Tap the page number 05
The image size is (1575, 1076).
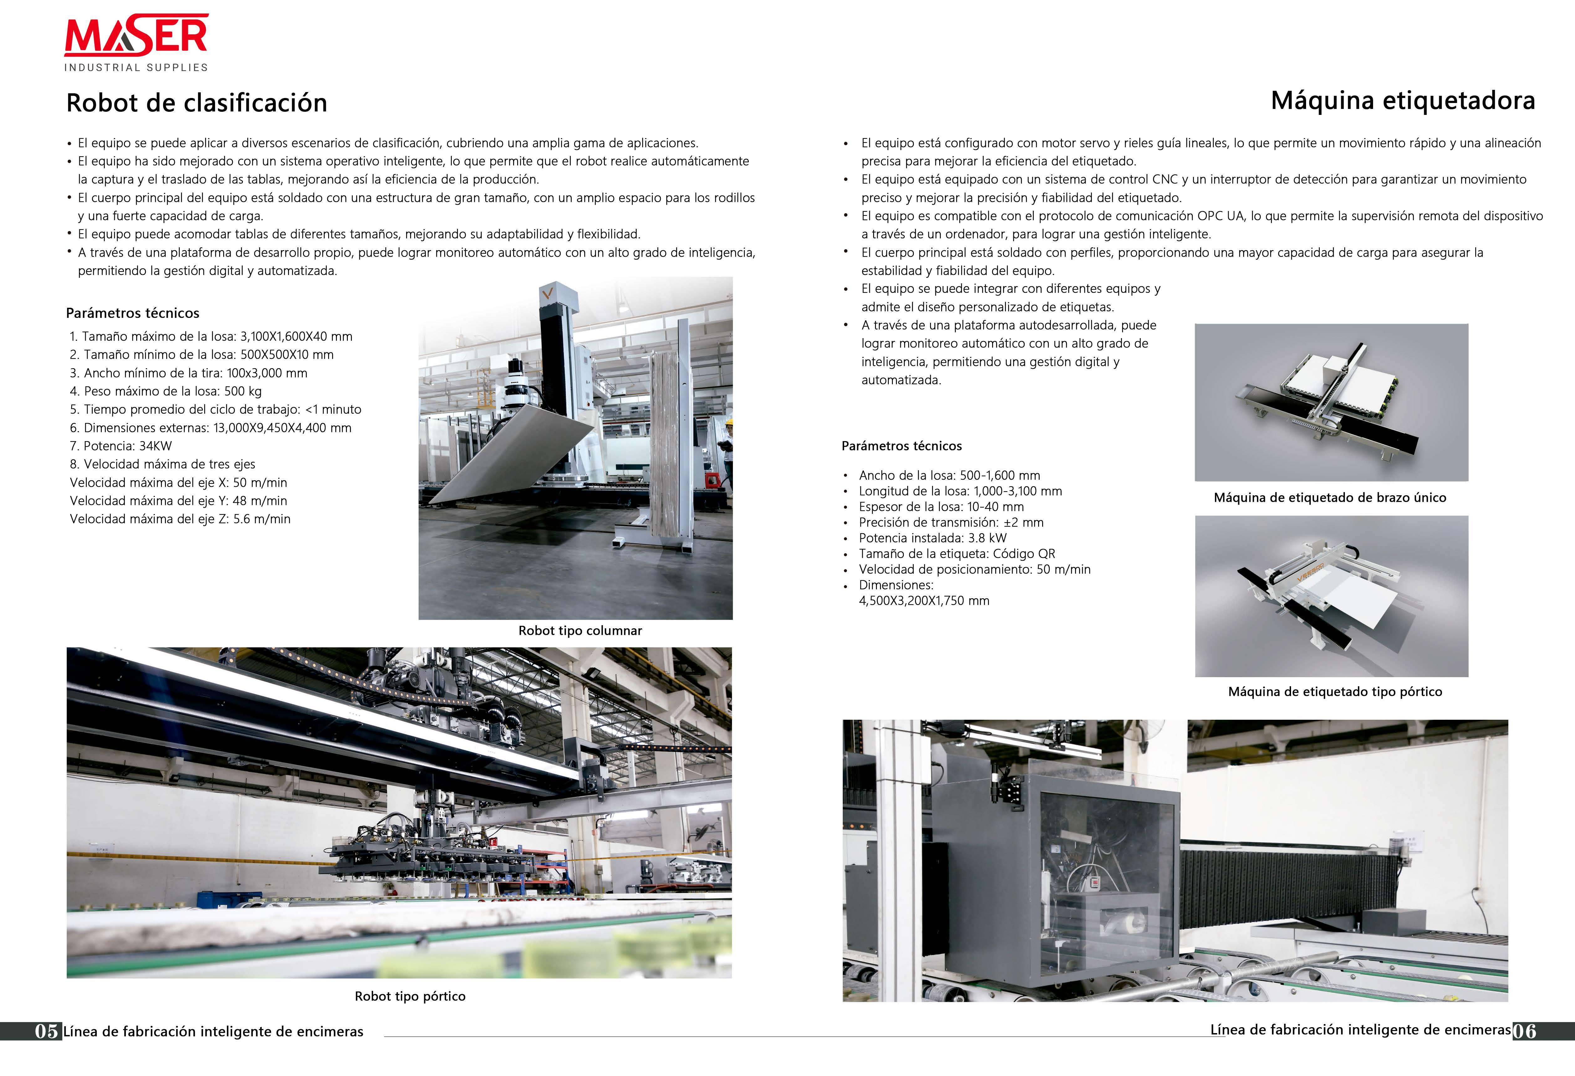pos(47,1031)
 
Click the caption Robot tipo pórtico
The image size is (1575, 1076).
pos(410,996)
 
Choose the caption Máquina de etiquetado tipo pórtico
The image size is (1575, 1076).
pos(1334,692)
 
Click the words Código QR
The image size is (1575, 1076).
pos(1024,553)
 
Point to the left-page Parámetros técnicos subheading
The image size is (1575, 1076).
pos(133,313)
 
